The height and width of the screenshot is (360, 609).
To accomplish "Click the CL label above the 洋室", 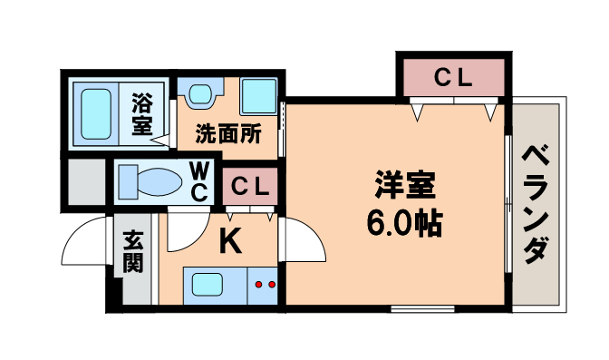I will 452,78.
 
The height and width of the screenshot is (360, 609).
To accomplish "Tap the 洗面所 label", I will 229,133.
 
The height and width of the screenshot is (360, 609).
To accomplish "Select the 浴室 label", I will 141,113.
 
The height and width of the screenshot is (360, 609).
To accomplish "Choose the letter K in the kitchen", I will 231,241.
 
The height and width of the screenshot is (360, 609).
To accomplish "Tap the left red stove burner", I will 258,285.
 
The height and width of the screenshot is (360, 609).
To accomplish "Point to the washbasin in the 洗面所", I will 200,93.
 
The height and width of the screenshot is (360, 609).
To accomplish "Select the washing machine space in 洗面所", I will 259,94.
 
